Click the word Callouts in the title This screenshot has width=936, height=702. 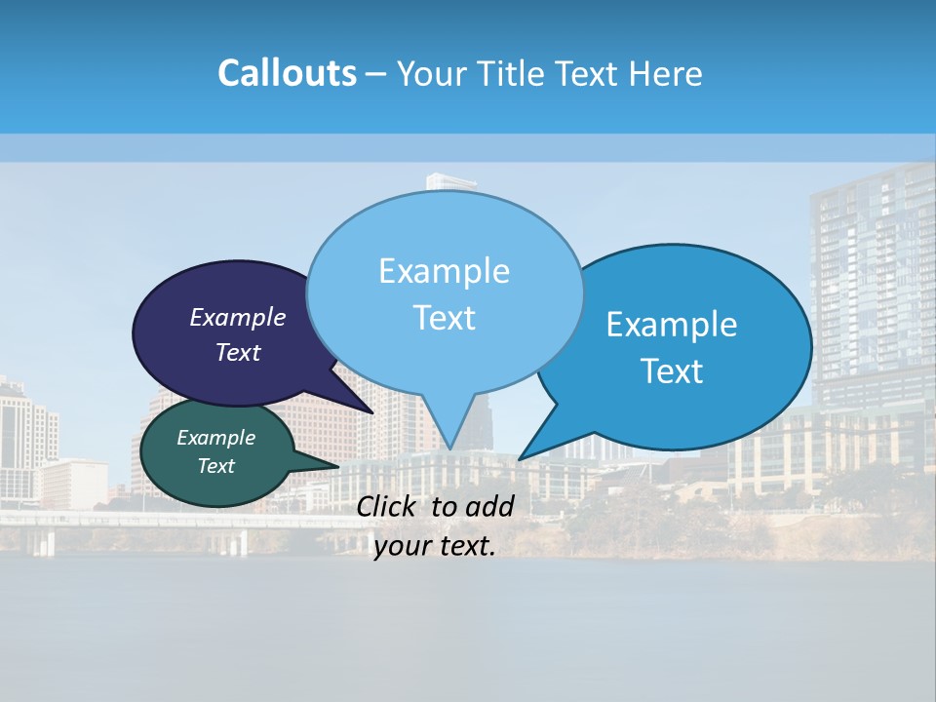tap(287, 73)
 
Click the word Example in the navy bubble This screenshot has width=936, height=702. tap(237, 318)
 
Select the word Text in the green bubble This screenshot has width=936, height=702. tap(216, 466)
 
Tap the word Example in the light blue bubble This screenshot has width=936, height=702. tap(444, 271)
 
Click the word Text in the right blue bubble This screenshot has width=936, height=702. tap(673, 371)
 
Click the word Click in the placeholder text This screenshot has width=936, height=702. tap(388, 506)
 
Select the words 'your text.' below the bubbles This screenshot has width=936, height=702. tap(435, 546)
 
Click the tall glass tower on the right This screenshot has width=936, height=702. tap(868, 283)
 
